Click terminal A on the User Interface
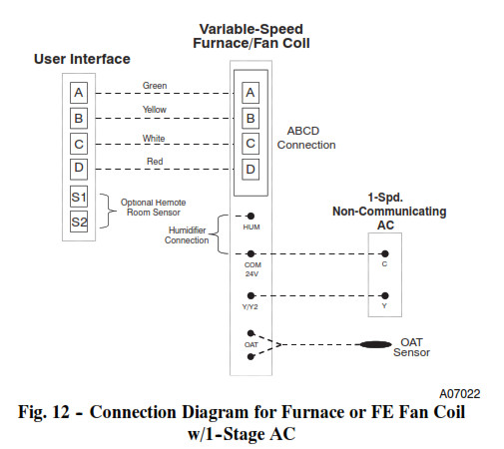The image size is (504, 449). coord(79,93)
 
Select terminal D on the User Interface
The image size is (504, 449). coord(79,169)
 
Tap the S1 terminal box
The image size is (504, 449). coord(79,197)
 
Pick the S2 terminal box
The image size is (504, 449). coord(79,222)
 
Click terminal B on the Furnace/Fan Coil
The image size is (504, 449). coord(251,118)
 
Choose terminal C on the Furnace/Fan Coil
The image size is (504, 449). coord(251,144)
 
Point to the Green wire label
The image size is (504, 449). coord(155,86)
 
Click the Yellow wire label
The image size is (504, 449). coord(155,110)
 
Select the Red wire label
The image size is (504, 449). coord(155,162)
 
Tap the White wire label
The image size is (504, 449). coord(154,138)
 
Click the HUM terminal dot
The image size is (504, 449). coord(251,217)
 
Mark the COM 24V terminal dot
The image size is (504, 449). coord(251,254)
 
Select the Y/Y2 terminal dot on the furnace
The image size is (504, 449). coord(251,295)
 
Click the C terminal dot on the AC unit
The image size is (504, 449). coord(385,254)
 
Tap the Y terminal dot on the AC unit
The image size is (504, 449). coord(385,295)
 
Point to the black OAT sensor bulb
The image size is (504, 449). coord(375,344)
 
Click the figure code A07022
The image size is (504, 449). coord(460,394)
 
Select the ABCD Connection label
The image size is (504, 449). coord(306,138)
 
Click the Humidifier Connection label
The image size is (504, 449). coord(187,235)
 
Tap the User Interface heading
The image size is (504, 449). coord(82,59)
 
